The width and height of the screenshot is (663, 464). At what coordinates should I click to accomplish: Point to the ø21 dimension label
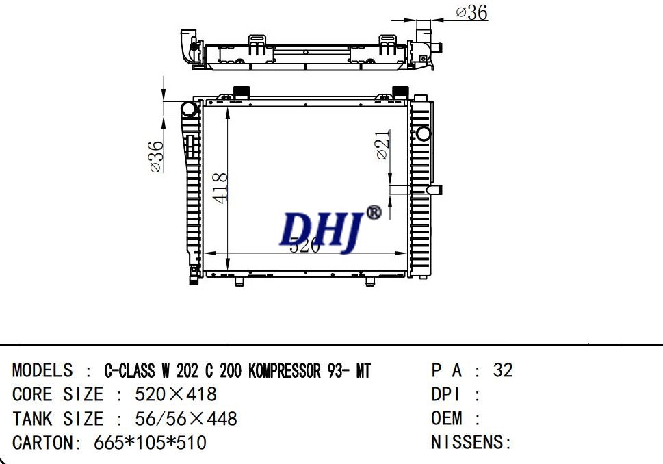pyautogui.click(x=384, y=145)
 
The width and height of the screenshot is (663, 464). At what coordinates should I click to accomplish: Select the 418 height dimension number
pyautogui.click(x=220, y=188)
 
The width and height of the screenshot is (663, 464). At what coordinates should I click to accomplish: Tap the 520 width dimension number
pyautogui.click(x=304, y=246)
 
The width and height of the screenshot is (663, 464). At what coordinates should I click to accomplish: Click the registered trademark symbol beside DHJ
pyautogui.click(x=374, y=213)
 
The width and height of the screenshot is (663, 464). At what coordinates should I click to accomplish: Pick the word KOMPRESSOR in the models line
pyautogui.click(x=285, y=371)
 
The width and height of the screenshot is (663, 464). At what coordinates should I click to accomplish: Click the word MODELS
pyautogui.click(x=42, y=371)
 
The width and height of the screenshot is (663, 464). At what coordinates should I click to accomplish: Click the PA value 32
pyautogui.click(x=502, y=371)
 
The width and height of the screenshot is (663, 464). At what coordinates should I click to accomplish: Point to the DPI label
pyautogui.click(x=446, y=395)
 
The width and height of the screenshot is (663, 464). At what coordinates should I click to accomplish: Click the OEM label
pyautogui.click(x=447, y=418)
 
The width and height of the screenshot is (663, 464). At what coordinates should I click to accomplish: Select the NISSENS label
pyautogui.click(x=471, y=442)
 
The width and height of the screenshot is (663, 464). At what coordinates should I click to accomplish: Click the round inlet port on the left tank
pyautogui.click(x=189, y=109)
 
